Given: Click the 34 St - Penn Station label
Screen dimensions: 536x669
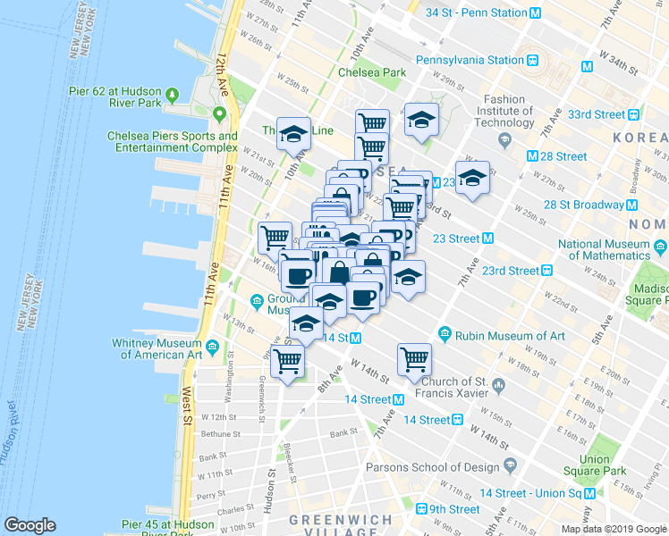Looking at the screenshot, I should point(476,13).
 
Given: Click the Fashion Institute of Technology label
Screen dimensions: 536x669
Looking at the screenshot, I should point(510,111).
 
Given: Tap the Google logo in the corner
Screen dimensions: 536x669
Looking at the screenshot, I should point(30,525).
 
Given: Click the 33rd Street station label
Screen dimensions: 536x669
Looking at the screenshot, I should point(597,114).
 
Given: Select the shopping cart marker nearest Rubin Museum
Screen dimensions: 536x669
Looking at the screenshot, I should point(414,359).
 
